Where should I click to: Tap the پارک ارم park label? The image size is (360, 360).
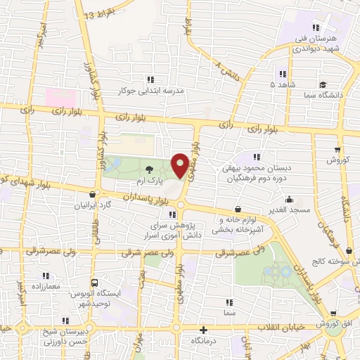coord(149,181)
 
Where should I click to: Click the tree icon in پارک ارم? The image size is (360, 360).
coord(149,169)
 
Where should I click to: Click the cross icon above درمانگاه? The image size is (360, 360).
coord(204,329)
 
